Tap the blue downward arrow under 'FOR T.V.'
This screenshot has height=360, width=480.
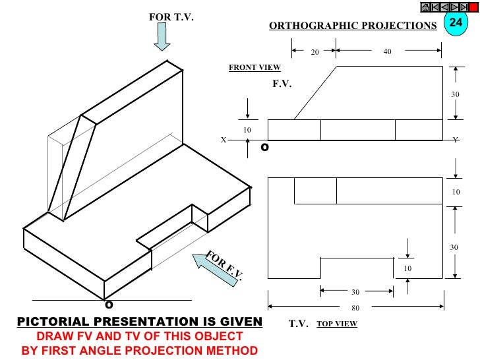(x=162, y=38)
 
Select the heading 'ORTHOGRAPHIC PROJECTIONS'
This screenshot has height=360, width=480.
(x=353, y=26)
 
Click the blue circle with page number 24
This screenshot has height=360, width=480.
(x=455, y=22)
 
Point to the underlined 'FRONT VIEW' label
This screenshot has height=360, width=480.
(x=255, y=67)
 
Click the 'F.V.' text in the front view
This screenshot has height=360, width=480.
(x=282, y=84)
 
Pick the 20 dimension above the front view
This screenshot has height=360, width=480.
(x=315, y=51)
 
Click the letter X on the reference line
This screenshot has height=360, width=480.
(x=224, y=140)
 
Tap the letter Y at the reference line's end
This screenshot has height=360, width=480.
(x=456, y=140)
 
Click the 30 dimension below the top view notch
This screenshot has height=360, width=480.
(x=355, y=292)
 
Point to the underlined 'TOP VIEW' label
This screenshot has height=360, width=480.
(x=336, y=324)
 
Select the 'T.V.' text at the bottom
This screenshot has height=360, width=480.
(x=299, y=324)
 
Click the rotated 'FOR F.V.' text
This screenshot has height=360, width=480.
(x=224, y=265)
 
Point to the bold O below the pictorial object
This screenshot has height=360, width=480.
(x=109, y=305)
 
